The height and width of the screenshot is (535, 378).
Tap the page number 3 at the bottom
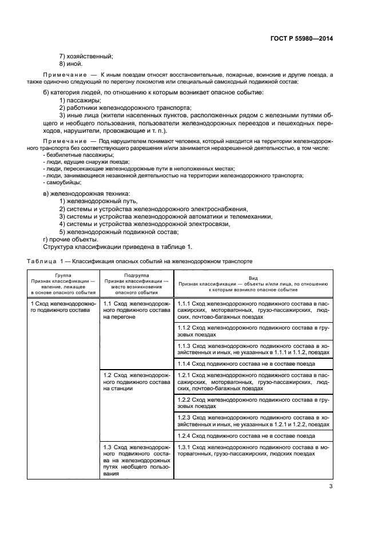[331, 487]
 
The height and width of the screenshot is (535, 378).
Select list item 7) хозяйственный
[86, 56]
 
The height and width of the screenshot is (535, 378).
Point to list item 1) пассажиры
[80, 100]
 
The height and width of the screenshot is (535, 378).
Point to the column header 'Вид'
[253, 276]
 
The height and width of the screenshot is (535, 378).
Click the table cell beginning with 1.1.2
[252, 331]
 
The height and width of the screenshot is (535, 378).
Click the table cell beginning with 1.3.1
[252, 450]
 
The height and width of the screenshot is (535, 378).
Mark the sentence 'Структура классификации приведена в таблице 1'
[118, 247]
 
